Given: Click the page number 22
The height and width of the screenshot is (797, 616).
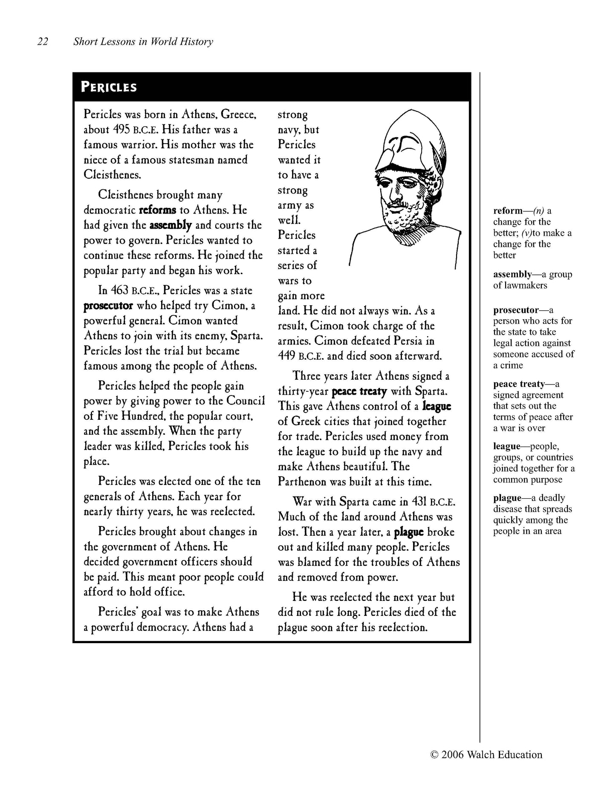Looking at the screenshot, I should pos(43,41).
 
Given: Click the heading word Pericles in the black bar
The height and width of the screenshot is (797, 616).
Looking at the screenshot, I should pos(109,87).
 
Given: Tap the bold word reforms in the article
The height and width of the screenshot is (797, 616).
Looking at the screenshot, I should pos(157,210).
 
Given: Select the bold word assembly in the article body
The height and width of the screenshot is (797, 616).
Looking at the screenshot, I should pos(171,225).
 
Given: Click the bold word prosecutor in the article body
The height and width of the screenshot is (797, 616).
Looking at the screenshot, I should pos(108,306).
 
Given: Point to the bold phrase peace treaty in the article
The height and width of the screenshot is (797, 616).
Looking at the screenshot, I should pos(359,391).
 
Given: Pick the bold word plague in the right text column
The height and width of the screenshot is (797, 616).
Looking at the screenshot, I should pos(409,532).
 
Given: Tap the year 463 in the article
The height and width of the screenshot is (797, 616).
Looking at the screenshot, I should pos(119,291).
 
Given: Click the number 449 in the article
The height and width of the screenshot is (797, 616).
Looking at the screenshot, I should pos(286,356).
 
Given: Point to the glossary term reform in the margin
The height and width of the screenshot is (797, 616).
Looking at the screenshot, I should pos(508,211).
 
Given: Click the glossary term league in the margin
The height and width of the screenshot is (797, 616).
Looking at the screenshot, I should pos(506,447).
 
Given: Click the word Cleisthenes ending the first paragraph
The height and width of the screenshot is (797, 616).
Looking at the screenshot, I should pos(112,175).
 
